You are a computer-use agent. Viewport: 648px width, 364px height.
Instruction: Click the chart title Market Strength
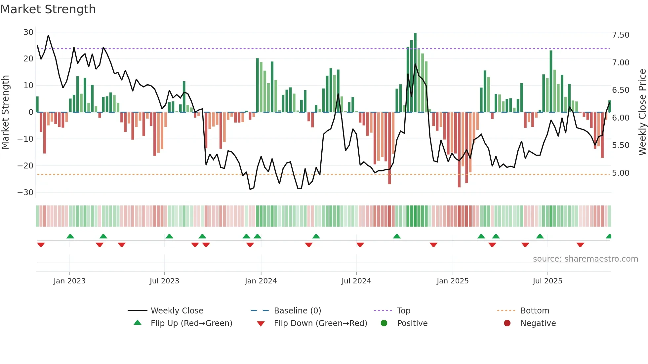[48, 9]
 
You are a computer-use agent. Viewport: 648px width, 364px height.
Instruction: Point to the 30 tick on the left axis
[28, 32]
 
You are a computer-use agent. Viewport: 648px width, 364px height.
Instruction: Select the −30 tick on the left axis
[25, 192]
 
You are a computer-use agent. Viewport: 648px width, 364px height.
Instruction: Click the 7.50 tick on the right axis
[621, 35]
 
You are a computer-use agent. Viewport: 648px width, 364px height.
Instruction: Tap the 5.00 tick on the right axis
[621, 173]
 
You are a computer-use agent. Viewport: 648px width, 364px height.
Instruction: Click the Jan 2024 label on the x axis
[261, 281]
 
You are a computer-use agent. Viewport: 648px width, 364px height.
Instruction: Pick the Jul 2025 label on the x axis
[547, 281]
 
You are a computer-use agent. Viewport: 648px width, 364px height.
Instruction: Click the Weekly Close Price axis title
[642, 112]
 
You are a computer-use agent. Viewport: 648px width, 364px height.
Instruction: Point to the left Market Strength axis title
[5, 112]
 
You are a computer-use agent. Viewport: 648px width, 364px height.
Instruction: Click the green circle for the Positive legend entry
[384, 323]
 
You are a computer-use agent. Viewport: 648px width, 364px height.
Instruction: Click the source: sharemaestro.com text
[585, 259]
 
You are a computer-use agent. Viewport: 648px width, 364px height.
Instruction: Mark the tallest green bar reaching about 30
[415, 73]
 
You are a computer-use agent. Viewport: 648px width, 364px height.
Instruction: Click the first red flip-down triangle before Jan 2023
[41, 245]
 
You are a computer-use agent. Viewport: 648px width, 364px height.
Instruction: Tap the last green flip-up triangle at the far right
[609, 237]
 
